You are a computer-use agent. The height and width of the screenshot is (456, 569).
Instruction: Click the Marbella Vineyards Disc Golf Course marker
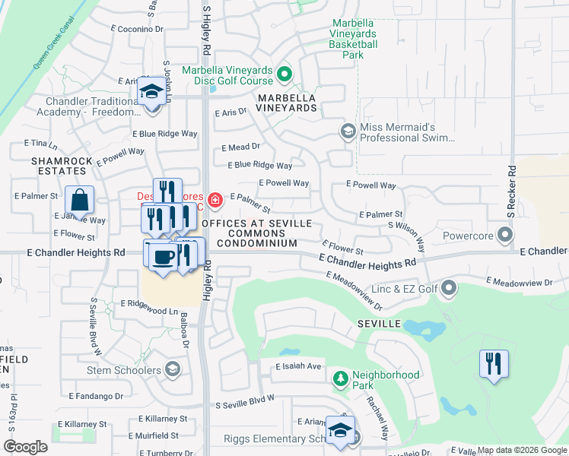point(284,74)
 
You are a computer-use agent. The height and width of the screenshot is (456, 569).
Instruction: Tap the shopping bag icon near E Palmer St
point(79,201)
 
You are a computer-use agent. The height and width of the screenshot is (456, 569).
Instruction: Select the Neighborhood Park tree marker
point(342,378)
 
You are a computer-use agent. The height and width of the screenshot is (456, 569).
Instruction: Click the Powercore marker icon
point(504,235)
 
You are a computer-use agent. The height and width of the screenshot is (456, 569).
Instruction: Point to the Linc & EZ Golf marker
point(449,288)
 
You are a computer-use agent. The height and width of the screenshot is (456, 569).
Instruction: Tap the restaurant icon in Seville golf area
point(494,363)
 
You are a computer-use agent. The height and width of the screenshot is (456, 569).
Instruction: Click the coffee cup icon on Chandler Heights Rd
point(162,256)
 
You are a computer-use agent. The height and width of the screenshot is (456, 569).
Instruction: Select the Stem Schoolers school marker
point(173,370)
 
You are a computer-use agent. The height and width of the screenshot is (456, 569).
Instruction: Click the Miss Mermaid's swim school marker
point(348,131)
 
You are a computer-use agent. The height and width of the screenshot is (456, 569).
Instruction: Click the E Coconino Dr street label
point(137,28)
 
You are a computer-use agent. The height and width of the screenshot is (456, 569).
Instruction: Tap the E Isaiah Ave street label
point(299,366)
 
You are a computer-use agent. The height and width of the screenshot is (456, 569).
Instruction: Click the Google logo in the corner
point(25,447)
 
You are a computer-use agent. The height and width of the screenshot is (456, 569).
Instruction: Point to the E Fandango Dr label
point(96,396)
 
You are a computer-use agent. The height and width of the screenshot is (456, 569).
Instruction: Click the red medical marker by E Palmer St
point(215,200)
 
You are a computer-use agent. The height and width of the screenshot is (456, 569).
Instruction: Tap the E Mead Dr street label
point(241,147)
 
